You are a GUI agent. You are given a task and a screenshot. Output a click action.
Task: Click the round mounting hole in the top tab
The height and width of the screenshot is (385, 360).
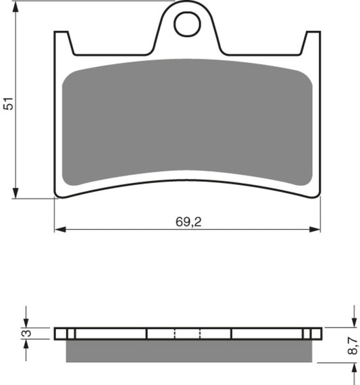click(186, 24)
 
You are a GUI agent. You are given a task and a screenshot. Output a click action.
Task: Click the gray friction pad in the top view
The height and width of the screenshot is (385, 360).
click(186, 122)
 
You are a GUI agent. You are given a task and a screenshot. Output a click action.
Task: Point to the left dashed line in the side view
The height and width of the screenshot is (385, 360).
click(175, 334)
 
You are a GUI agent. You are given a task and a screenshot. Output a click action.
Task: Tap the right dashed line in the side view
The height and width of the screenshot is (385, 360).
click(201, 334)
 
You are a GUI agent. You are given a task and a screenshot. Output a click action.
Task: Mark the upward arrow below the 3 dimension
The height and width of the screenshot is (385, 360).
click(26, 345)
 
